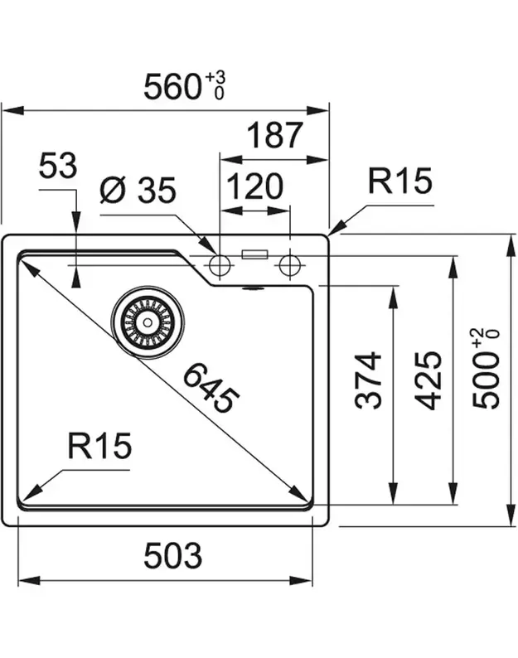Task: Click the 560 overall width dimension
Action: coord(174,85)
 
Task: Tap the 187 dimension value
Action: coord(275,135)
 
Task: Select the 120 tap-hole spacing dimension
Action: coord(255,187)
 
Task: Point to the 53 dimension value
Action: coord(58,167)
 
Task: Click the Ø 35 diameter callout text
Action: coord(138,191)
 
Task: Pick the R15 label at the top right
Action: coord(401,181)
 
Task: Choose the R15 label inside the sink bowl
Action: coord(99,448)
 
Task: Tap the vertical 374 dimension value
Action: coord(370,380)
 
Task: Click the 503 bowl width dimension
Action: coord(172,556)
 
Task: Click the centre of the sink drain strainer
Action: coord(148,322)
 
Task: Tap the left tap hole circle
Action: coord(219,266)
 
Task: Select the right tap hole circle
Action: coord(289,266)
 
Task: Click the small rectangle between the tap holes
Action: coord(254,254)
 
